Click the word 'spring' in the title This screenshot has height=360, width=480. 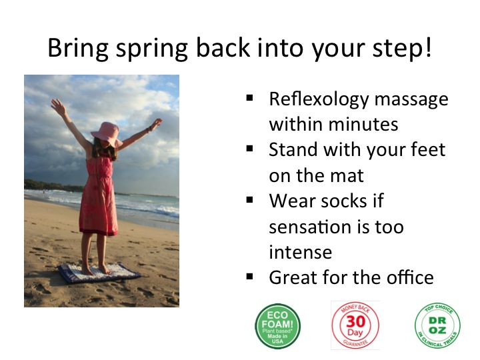pos(151,49)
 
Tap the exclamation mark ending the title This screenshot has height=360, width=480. pos(428,47)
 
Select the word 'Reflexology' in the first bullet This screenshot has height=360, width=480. pos(319,100)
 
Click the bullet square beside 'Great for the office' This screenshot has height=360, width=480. pos(250,277)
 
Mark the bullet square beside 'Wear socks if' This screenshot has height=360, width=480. pos(250,200)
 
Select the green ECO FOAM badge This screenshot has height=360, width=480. pos(277,326)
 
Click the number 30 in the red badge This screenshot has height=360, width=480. pos(355,321)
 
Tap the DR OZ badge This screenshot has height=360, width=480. pos(437,325)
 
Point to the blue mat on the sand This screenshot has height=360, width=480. pos(99,273)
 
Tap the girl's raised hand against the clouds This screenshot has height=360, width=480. pos(58,106)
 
